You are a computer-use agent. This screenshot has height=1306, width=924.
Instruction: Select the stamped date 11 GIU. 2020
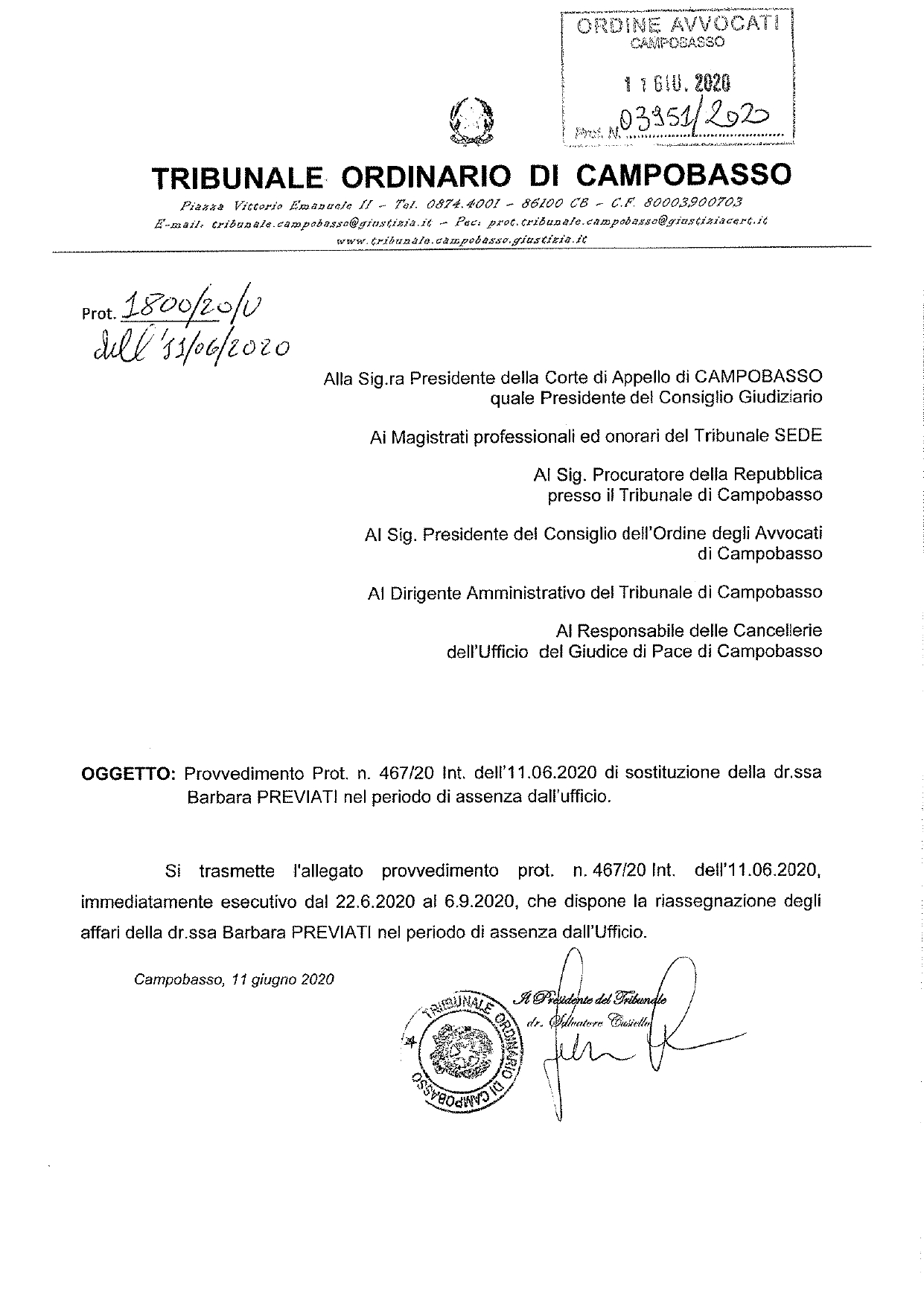click(x=676, y=81)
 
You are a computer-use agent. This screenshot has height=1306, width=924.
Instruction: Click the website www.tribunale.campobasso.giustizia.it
click(x=462, y=240)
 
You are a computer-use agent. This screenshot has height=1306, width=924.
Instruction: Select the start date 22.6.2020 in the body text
click(x=360, y=901)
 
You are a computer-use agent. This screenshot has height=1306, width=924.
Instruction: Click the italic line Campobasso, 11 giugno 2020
click(x=234, y=979)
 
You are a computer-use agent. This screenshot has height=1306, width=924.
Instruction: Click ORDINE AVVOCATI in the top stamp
click(x=676, y=26)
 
